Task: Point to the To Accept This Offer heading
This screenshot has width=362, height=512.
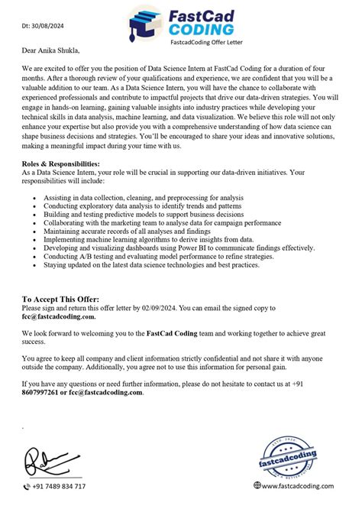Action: pos(60,300)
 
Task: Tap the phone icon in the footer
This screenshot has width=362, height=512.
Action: pos(27,486)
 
